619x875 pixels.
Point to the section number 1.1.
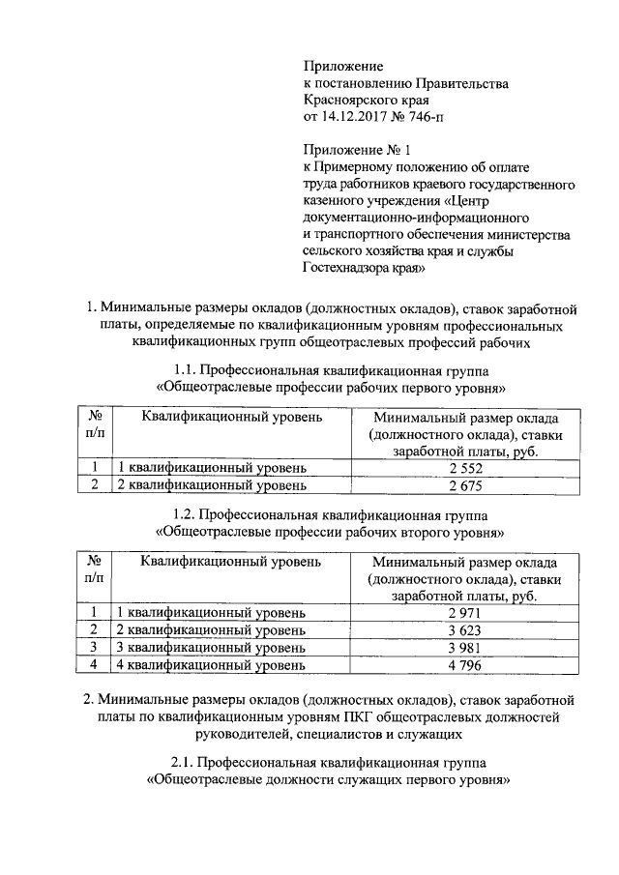click(x=187, y=372)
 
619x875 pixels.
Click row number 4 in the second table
click(x=94, y=664)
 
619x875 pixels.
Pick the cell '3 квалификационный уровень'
click(x=211, y=647)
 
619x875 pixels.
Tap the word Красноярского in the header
click(x=351, y=101)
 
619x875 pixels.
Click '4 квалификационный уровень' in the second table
click(x=211, y=664)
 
